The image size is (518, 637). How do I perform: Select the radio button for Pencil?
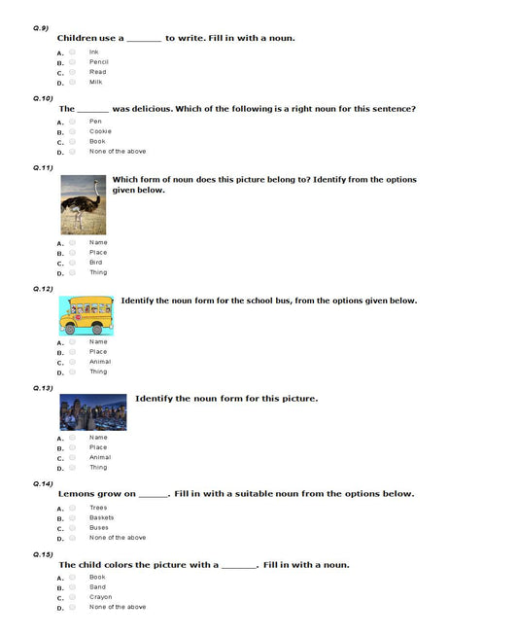pos(72,61)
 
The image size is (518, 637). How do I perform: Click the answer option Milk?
pos(95,82)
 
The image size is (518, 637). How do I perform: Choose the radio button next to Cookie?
pos(72,131)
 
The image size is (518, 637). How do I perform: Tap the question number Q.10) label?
pos(43,98)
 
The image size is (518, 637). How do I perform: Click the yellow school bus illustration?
pos(86,316)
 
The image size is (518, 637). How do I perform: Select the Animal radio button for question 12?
pos(72,362)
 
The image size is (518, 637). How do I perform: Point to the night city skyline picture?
pos(92,411)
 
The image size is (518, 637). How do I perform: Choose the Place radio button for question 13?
pos(72,447)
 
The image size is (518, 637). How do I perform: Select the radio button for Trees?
pos(72,508)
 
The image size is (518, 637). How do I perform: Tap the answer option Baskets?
pos(101,517)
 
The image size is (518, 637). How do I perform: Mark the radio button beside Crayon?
pos(72,597)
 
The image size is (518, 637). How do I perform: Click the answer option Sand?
pos(97,586)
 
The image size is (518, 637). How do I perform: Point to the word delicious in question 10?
pos(140,109)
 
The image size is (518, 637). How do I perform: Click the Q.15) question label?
pos(43,553)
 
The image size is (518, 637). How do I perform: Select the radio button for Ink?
pos(72,52)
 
